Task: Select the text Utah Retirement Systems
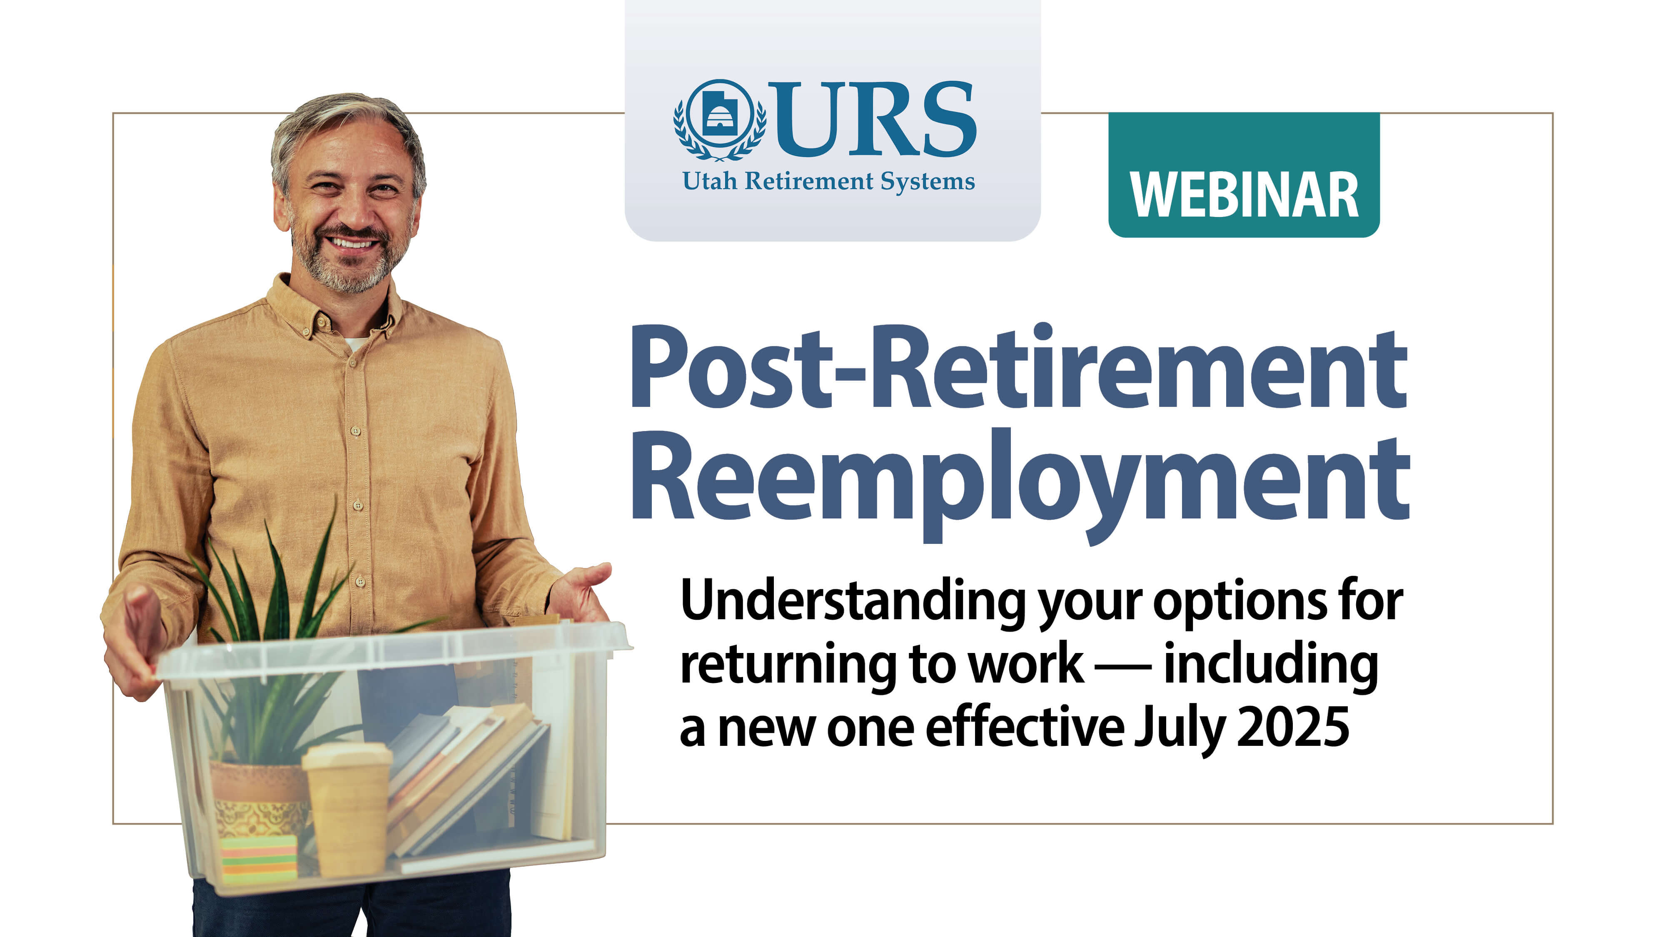(828, 181)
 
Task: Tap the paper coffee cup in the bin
(348, 808)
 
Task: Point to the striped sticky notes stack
(259, 859)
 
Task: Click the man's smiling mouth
(351, 243)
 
